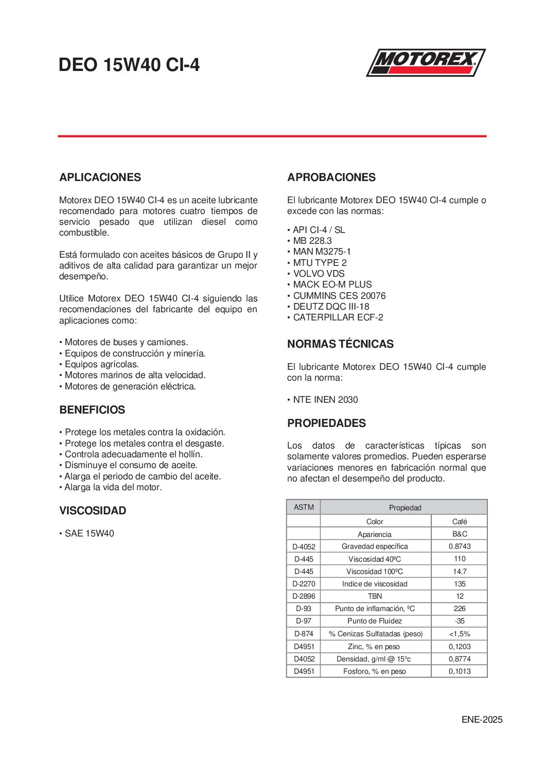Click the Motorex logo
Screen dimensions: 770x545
point(426,63)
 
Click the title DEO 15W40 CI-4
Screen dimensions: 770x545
point(129,65)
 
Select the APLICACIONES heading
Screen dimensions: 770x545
point(100,177)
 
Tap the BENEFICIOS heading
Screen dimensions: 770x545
point(92,410)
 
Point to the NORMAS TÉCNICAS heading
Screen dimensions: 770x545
point(340,344)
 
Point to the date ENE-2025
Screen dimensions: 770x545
point(482,720)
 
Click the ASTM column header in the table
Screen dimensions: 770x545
point(304,507)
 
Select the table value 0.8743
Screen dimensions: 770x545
point(460,546)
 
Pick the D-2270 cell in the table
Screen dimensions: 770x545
point(304,584)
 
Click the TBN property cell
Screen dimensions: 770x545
point(375,596)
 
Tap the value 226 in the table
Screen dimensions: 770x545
point(460,608)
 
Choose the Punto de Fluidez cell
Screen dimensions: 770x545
point(375,621)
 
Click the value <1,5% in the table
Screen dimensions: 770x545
point(460,634)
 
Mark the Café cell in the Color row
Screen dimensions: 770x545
point(460,522)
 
